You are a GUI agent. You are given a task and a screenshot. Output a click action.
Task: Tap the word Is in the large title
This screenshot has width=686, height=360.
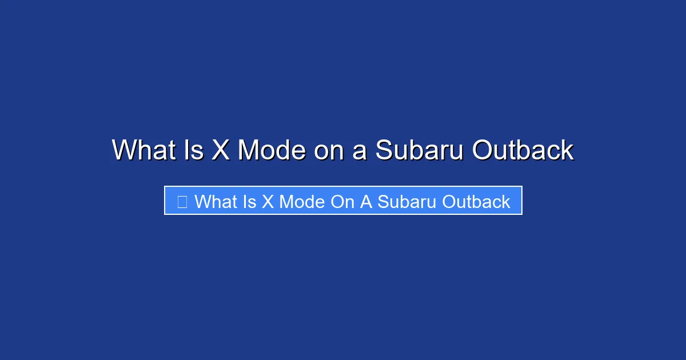tap(195, 150)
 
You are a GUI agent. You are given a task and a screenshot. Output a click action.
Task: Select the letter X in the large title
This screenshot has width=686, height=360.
tap(221, 150)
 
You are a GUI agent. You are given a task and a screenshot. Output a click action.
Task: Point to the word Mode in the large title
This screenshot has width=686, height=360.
tap(271, 150)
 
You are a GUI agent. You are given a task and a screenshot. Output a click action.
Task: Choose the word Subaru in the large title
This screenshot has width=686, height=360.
tap(420, 150)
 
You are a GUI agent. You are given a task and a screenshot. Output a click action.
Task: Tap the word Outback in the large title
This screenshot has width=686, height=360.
tap(523, 150)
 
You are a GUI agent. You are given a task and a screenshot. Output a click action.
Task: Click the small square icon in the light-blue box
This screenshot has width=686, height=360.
tap(182, 202)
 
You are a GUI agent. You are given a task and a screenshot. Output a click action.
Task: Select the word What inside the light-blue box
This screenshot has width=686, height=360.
tap(216, 202)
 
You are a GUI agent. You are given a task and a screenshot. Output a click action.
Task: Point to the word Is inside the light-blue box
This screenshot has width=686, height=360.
tap(250, 202)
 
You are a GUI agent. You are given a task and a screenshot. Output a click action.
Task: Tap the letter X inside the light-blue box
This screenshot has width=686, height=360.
tap(268, 202)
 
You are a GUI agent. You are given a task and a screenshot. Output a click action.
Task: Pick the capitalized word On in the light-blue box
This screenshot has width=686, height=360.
tap(342, 202)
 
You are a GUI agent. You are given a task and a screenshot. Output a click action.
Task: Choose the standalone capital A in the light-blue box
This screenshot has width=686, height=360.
tap(366, 202)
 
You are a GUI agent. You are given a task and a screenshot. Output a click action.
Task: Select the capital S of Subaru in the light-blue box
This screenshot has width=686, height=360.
tap(382, 202)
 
